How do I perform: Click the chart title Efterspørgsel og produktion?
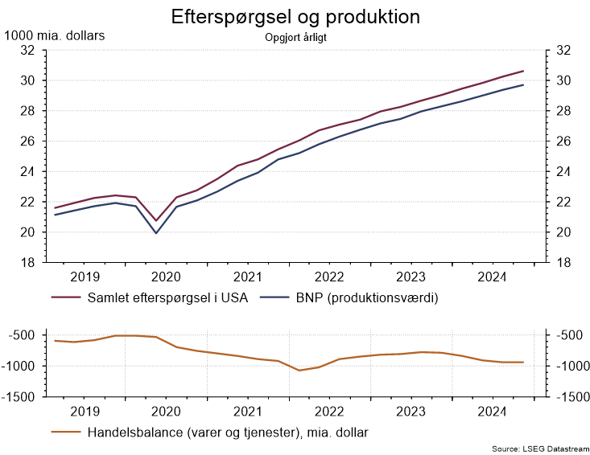tap(295, 17)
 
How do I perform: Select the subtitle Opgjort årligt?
tap(295, 36)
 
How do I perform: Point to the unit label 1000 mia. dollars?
tap(55, 35)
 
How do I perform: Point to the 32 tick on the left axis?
tap(27, 50)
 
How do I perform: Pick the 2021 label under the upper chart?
tap(248, 277)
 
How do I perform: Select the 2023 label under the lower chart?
tap(411, 411)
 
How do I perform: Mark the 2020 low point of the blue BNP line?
tap(156, 233)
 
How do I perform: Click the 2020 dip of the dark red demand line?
tap(156, 220)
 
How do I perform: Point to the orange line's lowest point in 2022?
tap(299, 371)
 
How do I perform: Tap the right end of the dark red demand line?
tap(523, 71)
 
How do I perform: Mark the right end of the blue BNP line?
tap(523, 85)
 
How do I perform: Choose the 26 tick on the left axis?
tap(27, 141)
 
